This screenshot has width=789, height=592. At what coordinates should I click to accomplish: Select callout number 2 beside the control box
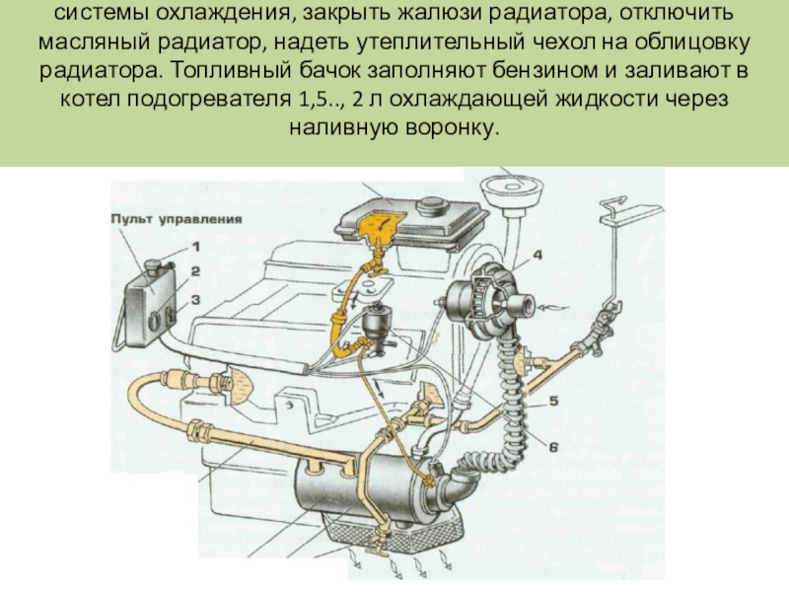pos(196,269)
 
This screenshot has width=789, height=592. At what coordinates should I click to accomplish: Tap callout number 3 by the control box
pos(196,297)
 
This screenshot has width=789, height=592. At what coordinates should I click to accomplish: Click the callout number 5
pos(553,402)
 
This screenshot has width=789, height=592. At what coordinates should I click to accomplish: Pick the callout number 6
pos(553,446)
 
